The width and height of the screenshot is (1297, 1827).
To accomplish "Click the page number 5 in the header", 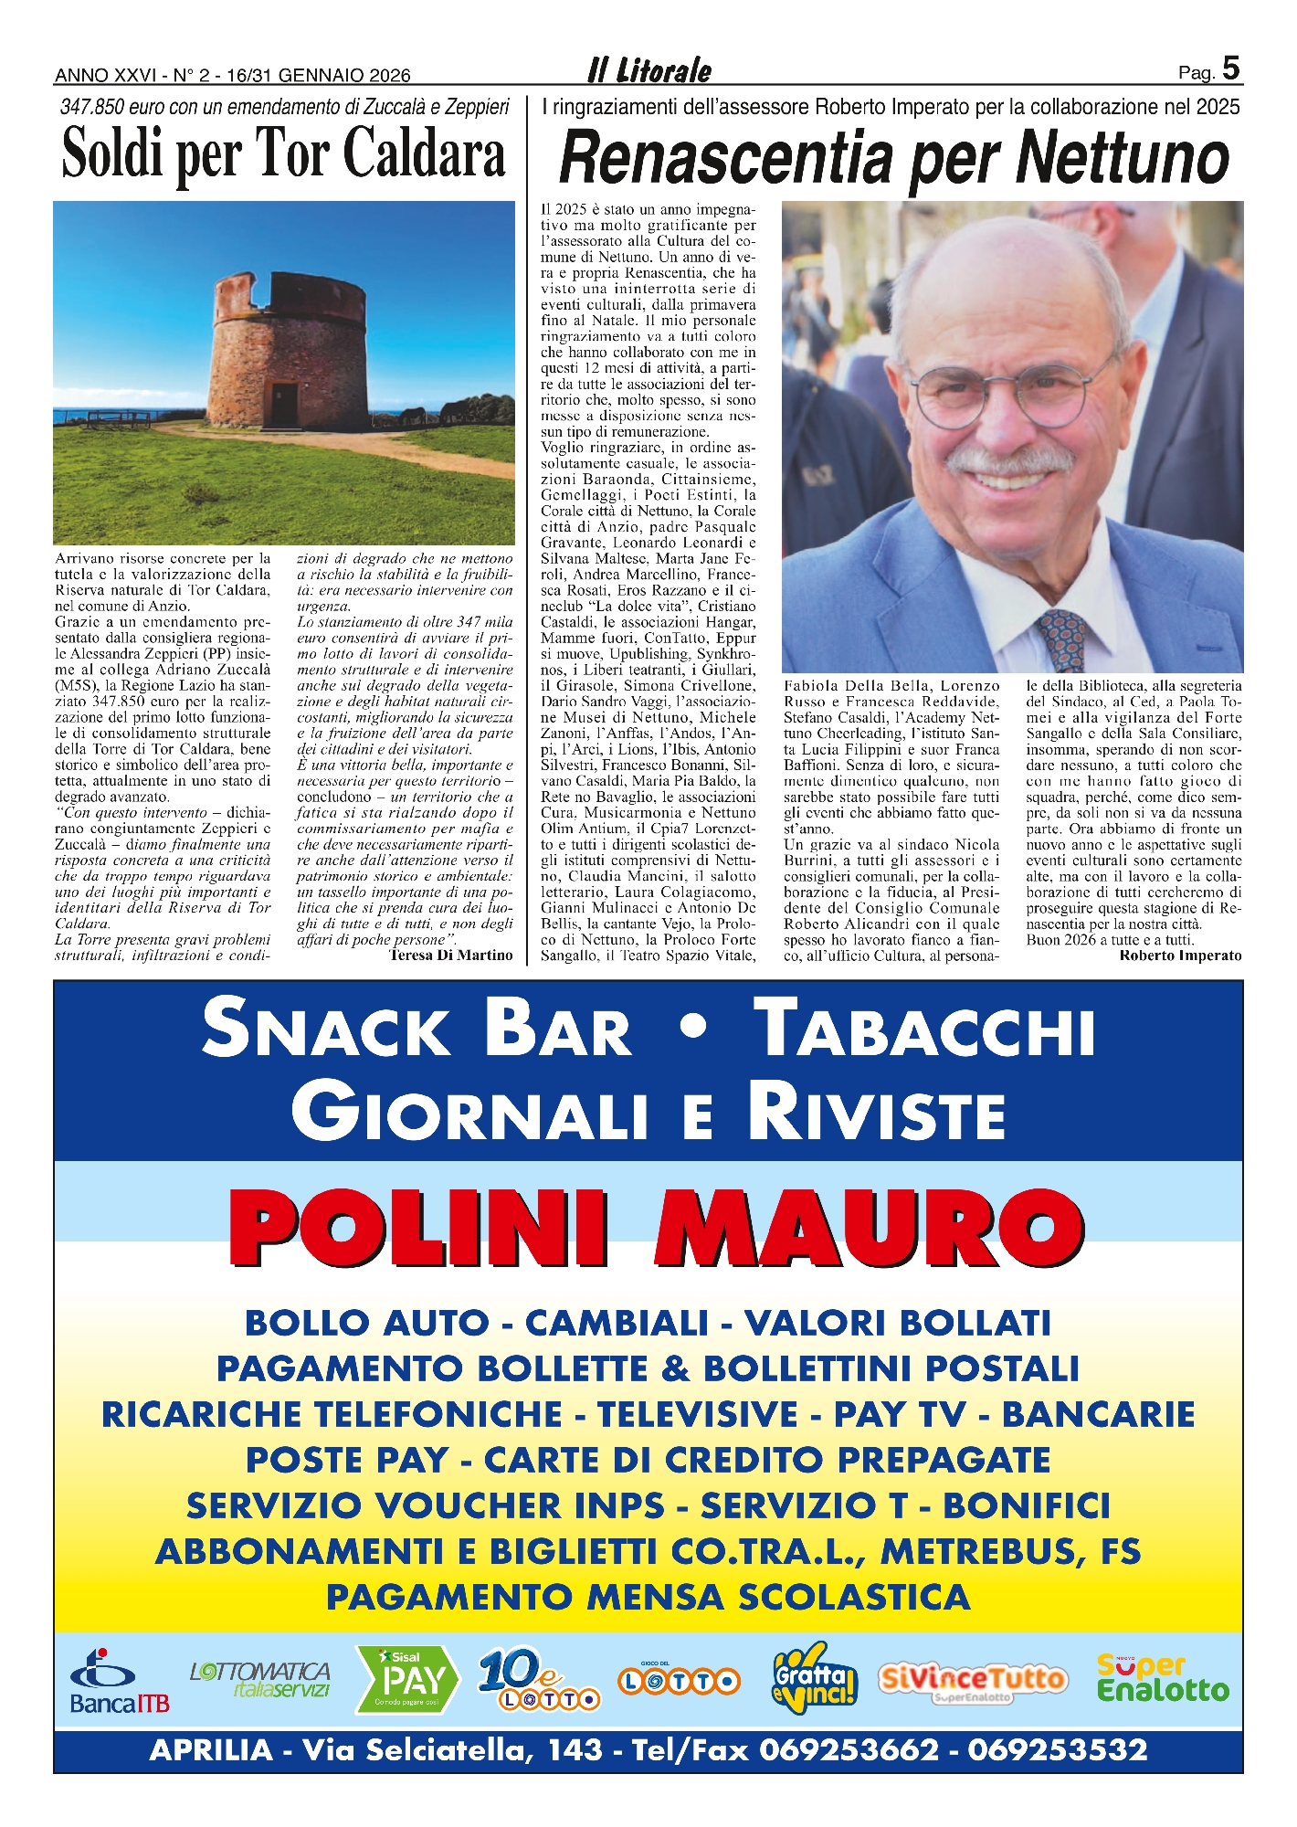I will (1230, 69).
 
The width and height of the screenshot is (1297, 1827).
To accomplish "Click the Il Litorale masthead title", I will (648, 70).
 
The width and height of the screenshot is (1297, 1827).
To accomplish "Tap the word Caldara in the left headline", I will (423, 153).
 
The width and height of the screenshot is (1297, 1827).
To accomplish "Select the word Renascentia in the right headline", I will (726, 159).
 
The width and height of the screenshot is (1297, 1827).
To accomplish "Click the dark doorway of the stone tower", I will (284, 405).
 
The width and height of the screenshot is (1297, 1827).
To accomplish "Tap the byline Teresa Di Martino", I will (451, 955).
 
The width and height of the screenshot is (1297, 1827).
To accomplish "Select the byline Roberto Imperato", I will (1180, 956).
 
